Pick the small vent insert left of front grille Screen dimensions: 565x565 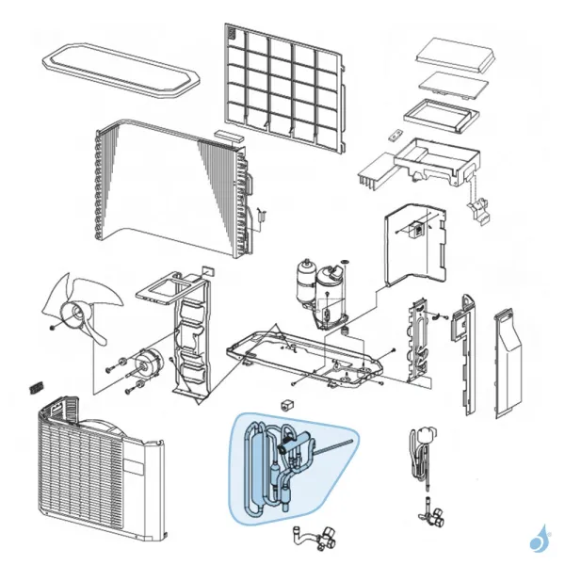pyautogui.click(x=39, y=387)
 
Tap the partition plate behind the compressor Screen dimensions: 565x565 pyautogui.click(x=414, y=245)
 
